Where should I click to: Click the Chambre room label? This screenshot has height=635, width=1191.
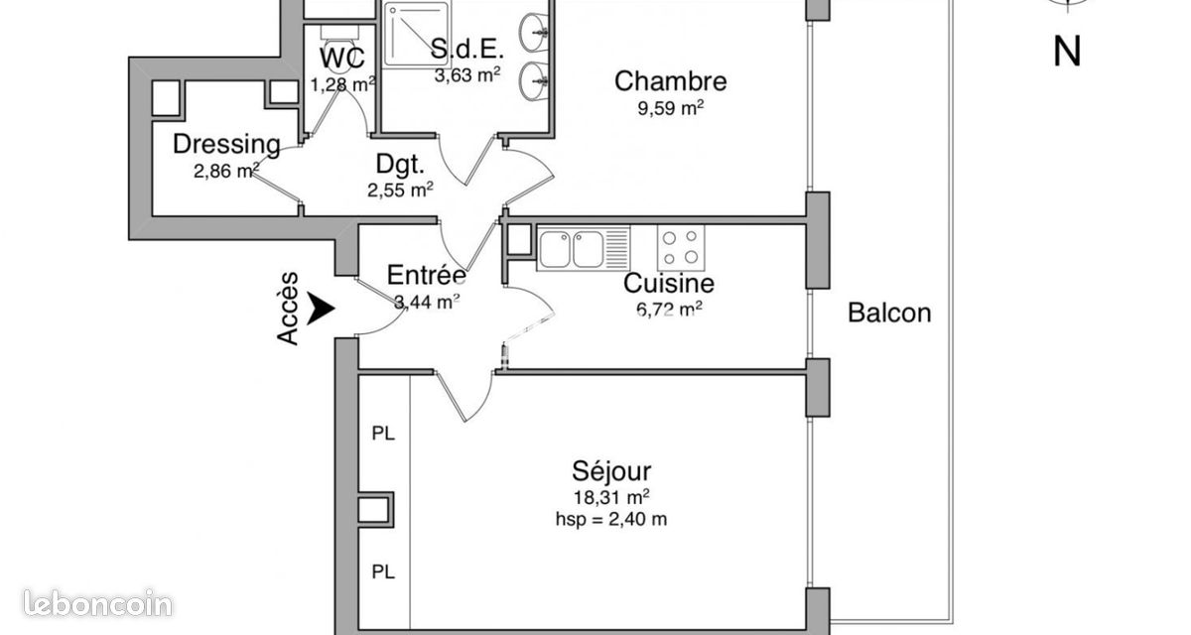(x=671, y=81)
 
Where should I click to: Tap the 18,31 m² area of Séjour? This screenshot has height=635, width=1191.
(x=611, y=497)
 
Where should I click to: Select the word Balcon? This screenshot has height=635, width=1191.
(x=889, y=313)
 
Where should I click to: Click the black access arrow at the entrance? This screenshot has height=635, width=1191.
(x=322, y=308)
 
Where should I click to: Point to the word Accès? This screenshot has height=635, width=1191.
(x=288, y=309)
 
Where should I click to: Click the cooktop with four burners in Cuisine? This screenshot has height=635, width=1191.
(x=681, y=247)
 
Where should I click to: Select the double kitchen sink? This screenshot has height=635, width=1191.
(x=584, y=248)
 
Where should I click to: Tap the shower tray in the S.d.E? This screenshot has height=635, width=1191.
(x=416, y=35)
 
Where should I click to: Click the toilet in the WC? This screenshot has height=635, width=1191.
(x=340, y=48)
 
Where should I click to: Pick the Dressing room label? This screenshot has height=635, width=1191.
(x=226, y=144)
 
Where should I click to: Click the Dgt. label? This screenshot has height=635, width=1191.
(x=400, y=164)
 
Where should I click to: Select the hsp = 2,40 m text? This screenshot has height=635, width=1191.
(x=611, y=519)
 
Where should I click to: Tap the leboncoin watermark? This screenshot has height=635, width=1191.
(x=98, y=603)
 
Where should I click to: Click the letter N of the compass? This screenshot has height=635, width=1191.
(x=1067, y=52)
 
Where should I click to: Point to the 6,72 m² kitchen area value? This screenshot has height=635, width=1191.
(x=669, y=309)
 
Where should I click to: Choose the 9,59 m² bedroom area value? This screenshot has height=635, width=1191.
(x=671, y=108)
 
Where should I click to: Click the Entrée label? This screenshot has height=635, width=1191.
(x=427, y=275)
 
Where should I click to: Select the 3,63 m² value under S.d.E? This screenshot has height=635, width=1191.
(x=467, y=75)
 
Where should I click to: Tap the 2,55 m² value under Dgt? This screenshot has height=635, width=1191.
(x=400, y=190)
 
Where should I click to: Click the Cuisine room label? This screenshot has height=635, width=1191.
(x=668, y=283)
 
